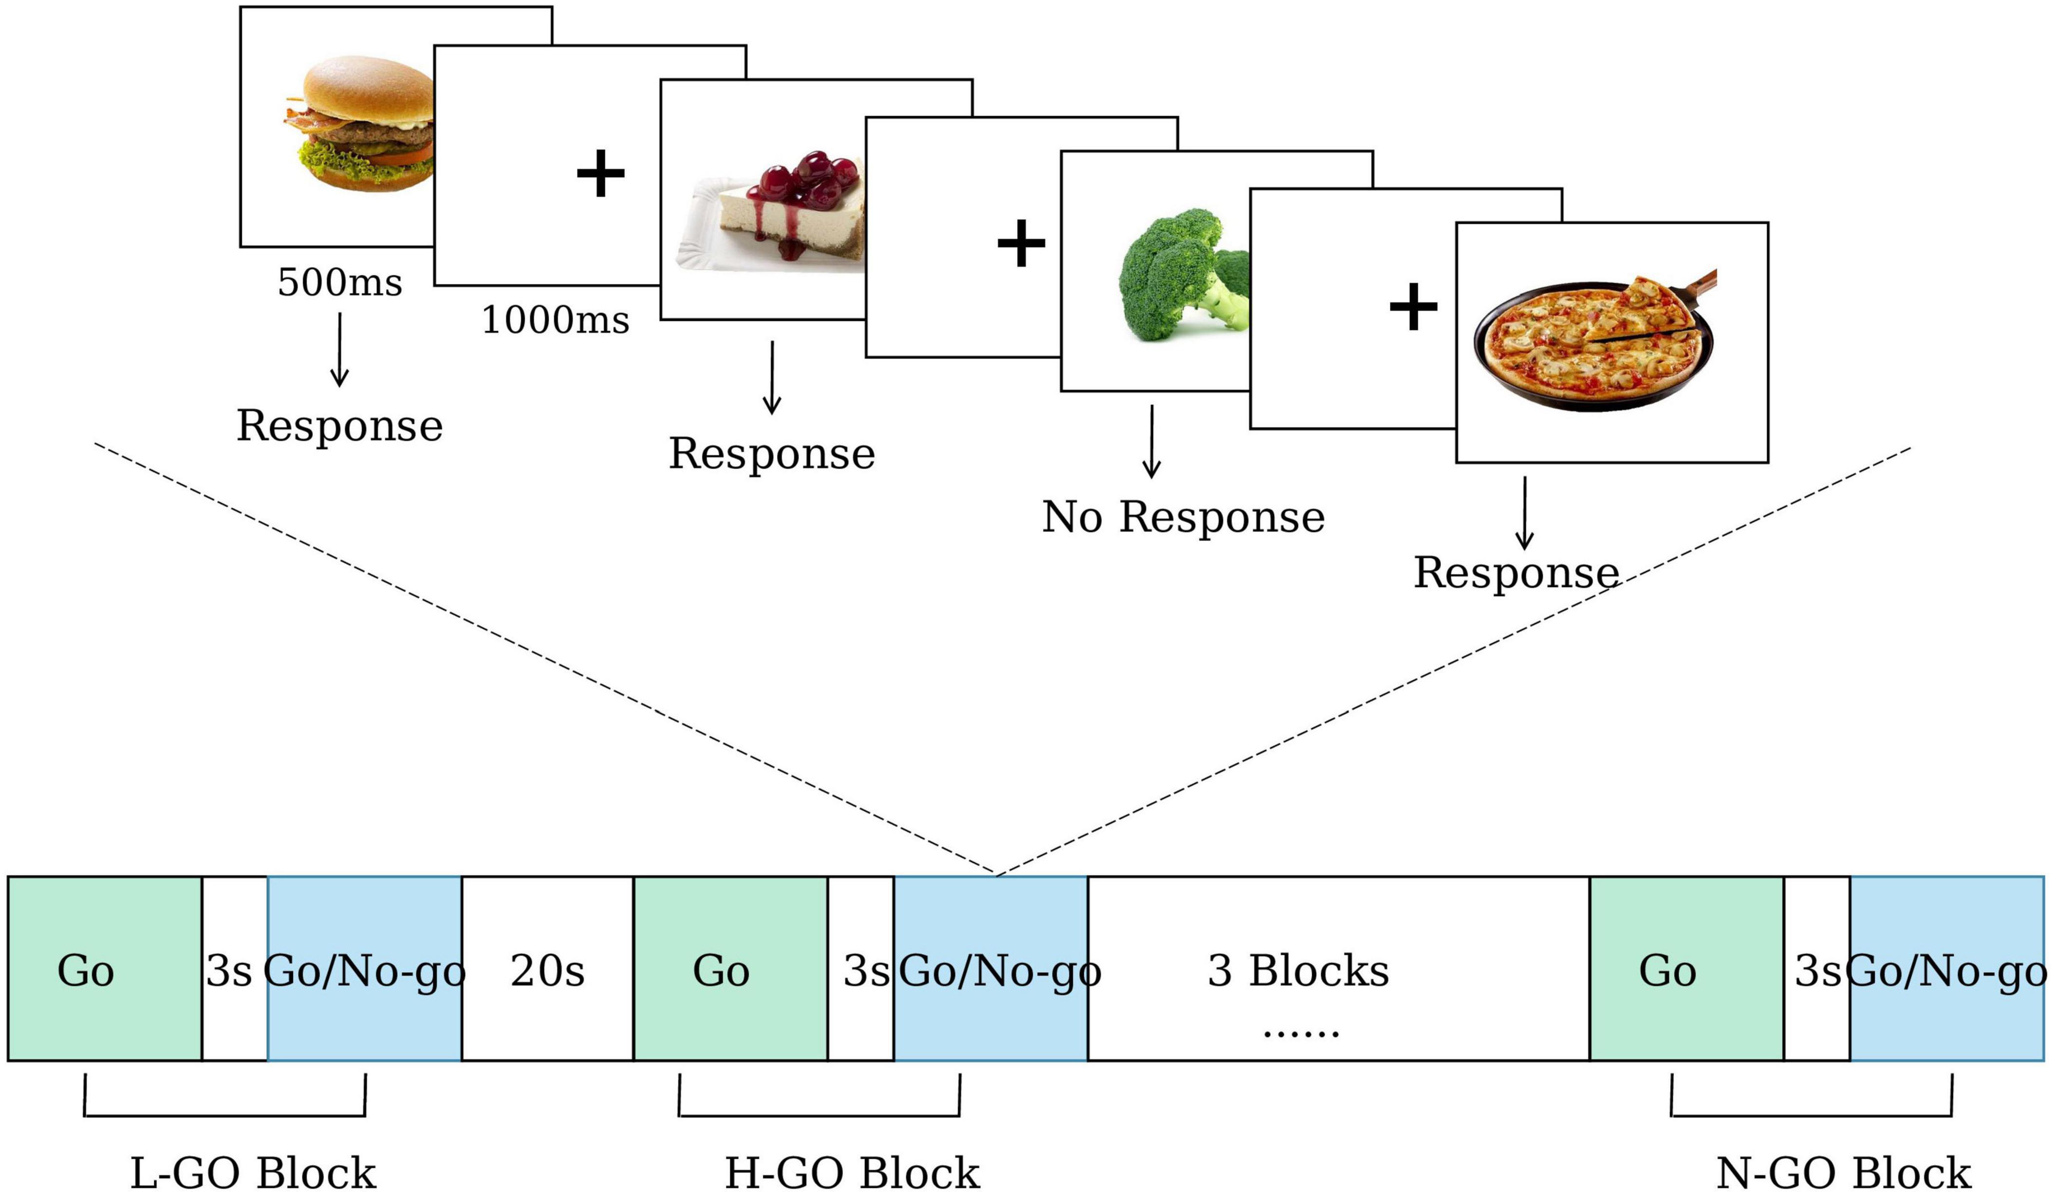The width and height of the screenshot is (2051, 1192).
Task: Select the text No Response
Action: tap(1183, 517)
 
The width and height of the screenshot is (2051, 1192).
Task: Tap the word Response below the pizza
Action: tap(1515, 572)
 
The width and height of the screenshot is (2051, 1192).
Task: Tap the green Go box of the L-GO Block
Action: tap(104, 969)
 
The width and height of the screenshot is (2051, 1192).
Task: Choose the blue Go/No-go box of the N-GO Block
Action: tap(1947, 969)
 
